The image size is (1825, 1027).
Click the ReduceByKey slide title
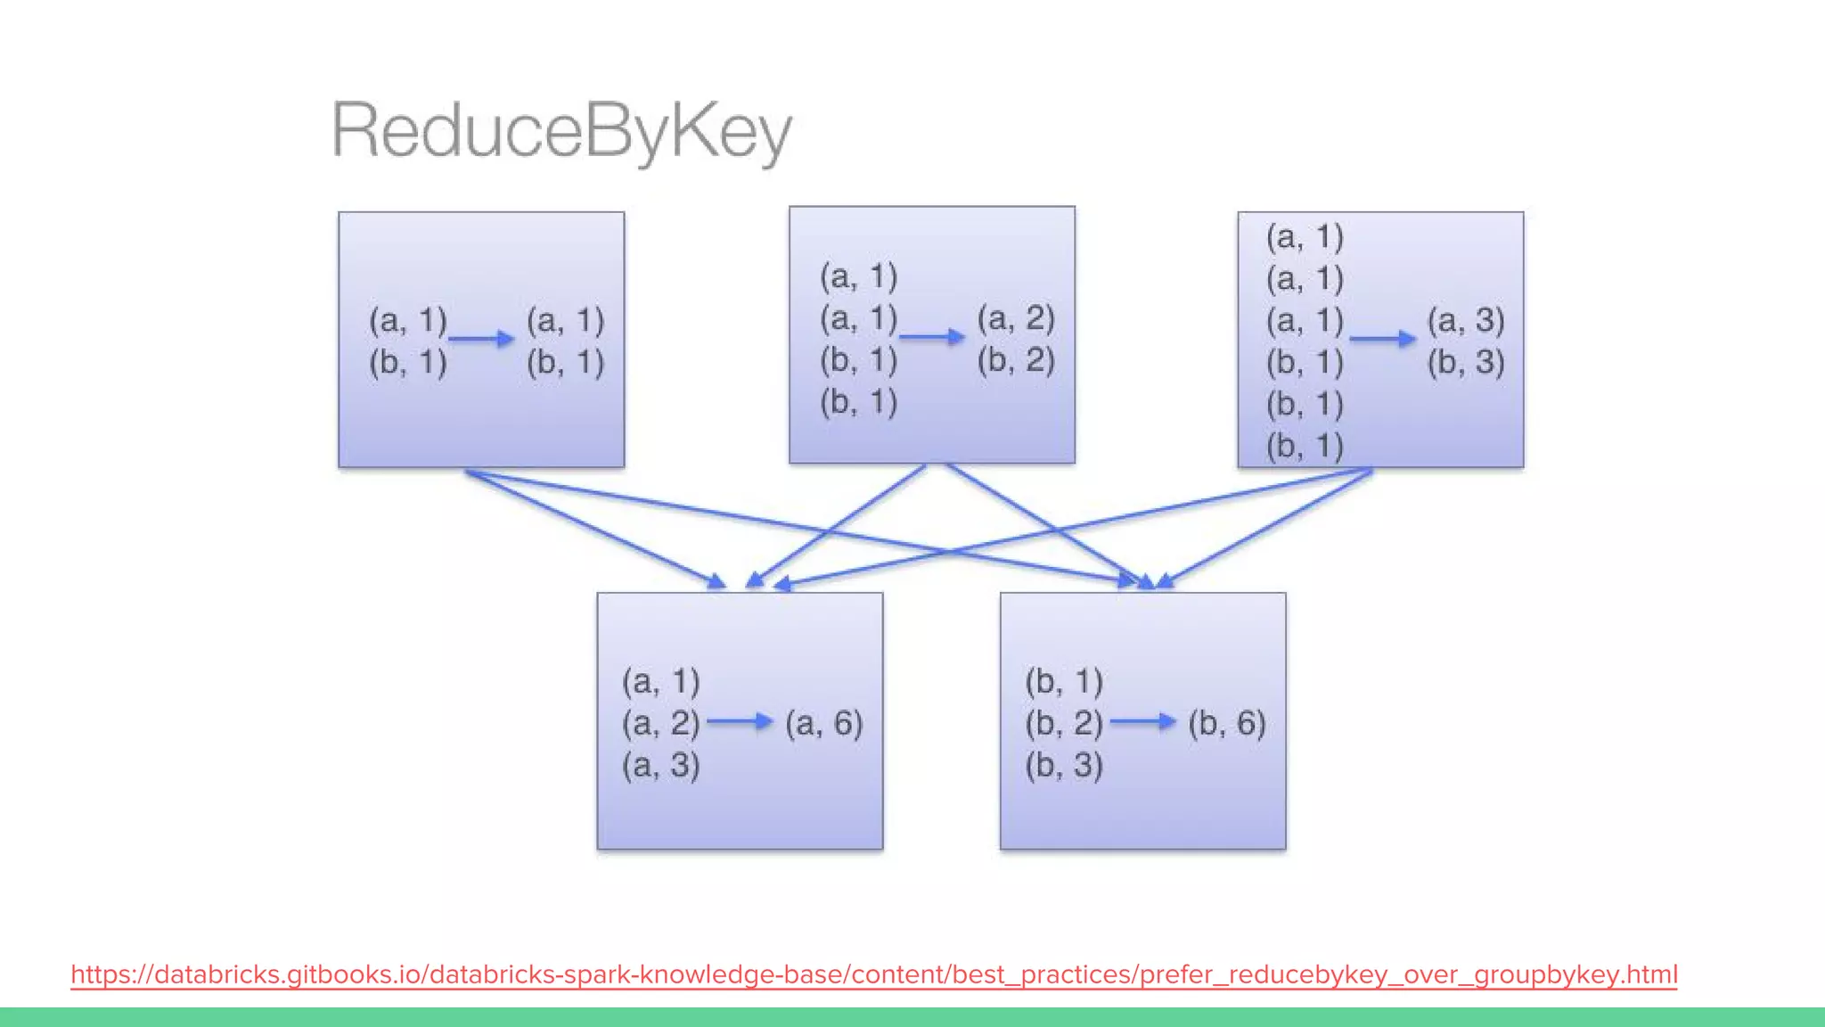[561, 131]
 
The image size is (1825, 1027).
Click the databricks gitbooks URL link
[873, 974]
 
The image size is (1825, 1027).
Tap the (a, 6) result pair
[823, 723]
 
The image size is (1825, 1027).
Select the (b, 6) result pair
[1226, 723]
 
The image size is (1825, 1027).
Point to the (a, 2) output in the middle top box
[1016, 318]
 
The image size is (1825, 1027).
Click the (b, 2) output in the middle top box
[1016, 360]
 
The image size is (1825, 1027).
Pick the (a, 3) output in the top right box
[1466, 320]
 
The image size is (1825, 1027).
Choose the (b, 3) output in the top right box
[1466, 362]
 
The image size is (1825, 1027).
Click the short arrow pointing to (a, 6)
[740, 721]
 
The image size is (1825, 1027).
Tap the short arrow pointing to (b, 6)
[1143, 721]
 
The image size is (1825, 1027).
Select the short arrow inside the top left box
[481, 339]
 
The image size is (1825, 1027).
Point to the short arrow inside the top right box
[1382, 339]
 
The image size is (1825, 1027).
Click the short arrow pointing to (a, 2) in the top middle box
[932, 337]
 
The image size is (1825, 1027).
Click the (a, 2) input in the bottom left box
[660, 723]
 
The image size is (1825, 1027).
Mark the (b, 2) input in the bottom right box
[1064, 723]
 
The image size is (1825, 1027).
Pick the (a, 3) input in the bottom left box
[660, 765]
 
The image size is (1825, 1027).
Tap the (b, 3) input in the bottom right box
[1064, 765]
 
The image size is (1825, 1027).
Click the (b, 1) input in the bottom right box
[1064, 681]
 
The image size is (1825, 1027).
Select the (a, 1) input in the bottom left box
[660, 681]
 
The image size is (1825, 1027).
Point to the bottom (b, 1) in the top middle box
[858, 402]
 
